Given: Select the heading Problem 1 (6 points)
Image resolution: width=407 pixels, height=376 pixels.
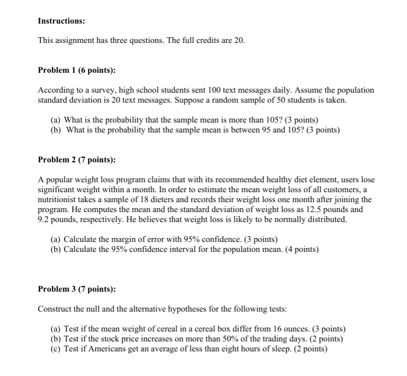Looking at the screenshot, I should (77, 70).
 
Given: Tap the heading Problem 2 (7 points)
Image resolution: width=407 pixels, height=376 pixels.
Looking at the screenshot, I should (77, 159).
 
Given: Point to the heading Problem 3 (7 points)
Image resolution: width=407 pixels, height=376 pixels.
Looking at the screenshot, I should (77, 289).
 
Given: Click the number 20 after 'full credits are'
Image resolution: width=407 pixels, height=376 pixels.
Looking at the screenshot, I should (238, 41).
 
